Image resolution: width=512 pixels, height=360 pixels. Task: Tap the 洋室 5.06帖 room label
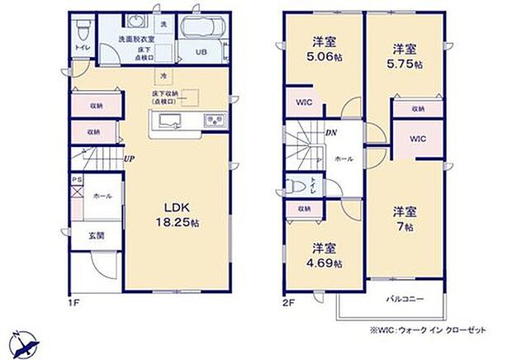pyautogui.click(x=322, y=51)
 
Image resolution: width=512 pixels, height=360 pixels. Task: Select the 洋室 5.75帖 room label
pyautogui.click(x=405, y=55)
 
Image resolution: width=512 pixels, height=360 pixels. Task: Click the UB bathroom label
pyautogui.click(x=201, y=52)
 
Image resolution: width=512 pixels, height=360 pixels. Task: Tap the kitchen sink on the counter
pyautogui.click(x=170, y=123)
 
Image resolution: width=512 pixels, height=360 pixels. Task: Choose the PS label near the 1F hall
pyautogui.click(x=76, y=178)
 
